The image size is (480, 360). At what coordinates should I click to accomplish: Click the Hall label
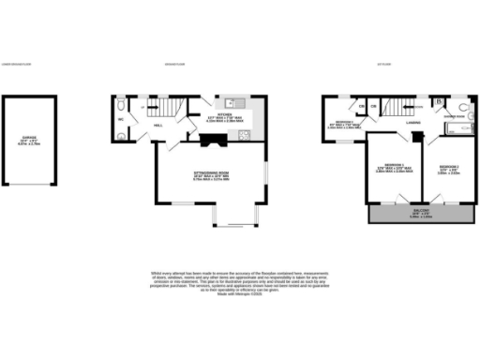pyautogui.click(x=158, y=124)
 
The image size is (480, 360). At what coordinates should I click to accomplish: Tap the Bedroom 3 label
pyautogui.click(x=345, y=124)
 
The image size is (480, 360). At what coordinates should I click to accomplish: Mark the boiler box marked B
pyautogui.click(x=439, y=99)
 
